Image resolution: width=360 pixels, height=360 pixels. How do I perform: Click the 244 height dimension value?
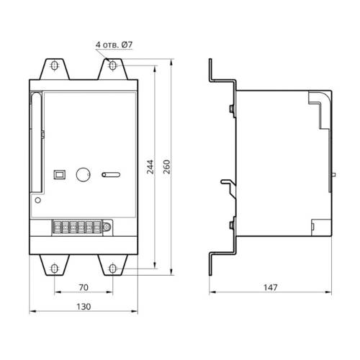[x=150, y=166]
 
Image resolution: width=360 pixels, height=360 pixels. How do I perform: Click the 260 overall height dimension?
[x=166, y=166]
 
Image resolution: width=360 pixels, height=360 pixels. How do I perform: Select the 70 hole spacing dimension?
[x=84, y=287]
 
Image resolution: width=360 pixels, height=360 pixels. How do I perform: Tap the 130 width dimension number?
[x=84, y=307]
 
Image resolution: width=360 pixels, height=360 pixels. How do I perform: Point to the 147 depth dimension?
[x=271, y=287]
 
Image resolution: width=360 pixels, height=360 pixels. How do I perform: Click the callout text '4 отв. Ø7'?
[x=114, y=45]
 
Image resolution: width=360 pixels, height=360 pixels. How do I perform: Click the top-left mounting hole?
[x=55, y=66]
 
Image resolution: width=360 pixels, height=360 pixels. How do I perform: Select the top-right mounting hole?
[x=112, y=66]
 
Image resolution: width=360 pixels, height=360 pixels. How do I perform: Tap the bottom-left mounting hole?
[x=55, y=269]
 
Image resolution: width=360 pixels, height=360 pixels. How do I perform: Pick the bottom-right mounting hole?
[x=112, y=269]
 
